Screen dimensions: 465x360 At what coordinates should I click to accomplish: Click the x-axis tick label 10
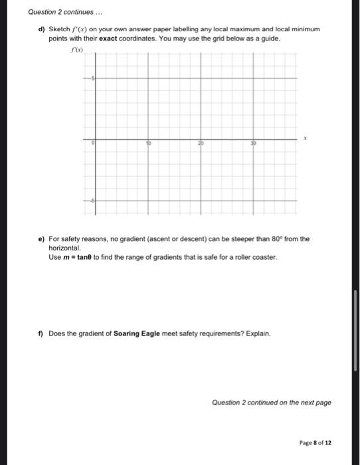point(149,143)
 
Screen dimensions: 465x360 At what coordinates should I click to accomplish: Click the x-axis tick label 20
point(200,143)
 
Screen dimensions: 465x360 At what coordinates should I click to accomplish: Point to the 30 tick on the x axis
point(252,143)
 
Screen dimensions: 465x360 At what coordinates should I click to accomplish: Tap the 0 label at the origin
point(94,143)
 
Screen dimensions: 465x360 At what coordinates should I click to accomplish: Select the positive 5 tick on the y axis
point(93,79)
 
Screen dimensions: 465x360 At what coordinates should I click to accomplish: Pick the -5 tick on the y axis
point(92,201)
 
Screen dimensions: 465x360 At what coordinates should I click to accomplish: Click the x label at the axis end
point(306,138)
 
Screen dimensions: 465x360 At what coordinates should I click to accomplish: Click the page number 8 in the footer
point(321,443)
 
